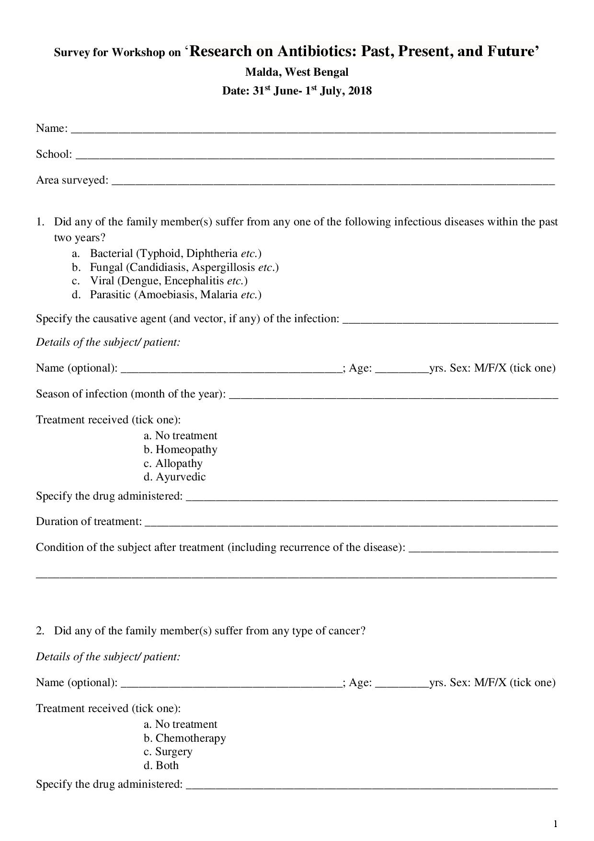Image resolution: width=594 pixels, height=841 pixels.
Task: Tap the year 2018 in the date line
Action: [360, 91]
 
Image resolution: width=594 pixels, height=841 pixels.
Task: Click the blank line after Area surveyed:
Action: [333, 182]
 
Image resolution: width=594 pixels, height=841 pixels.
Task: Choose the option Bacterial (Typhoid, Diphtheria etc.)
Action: [175, 253]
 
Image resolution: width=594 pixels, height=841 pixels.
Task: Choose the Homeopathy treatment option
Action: [186, 450]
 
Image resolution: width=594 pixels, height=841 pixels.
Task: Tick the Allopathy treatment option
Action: [179, 464]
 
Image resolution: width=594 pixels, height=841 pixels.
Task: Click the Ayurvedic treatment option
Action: [181, 477]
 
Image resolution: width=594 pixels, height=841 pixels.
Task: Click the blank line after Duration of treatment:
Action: [351, 524]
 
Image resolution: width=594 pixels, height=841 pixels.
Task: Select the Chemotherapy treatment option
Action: [190, 738]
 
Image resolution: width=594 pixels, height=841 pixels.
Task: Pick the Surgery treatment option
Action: [173, 752]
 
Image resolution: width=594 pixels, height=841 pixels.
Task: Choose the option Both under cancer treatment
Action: [167, 766]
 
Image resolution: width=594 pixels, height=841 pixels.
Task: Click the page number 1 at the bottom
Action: [555, 824]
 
